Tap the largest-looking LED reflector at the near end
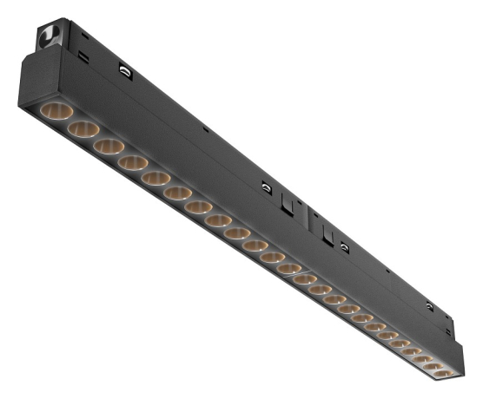click(56, 112)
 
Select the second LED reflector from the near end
click(83, 129)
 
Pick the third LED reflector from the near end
click(109, 146)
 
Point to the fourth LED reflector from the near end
click(133, 162)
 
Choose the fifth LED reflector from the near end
click(155, 178)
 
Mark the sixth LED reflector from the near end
click(178, 193)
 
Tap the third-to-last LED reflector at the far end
click(421, 357)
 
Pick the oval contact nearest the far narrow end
click(429, 305)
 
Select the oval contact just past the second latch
click(345, 247)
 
